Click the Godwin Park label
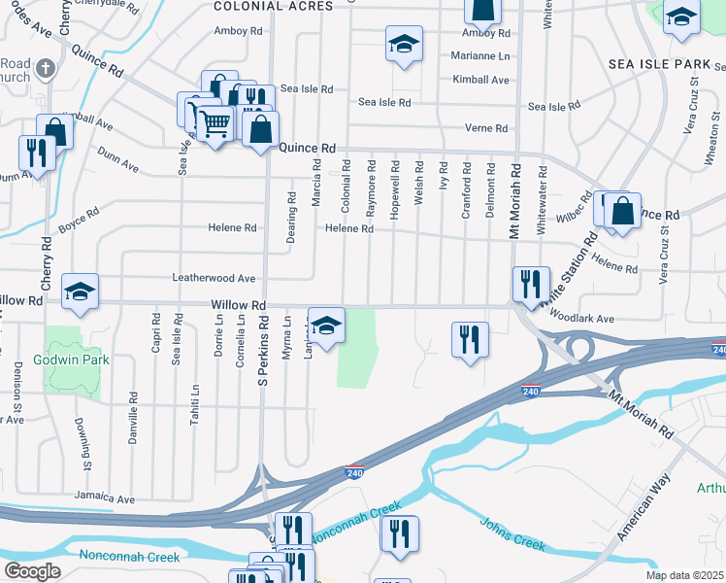point(82,360)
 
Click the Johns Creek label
point(513,532)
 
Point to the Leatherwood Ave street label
point(214,278)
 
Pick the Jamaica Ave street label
point(105,499)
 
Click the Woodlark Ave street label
point(580,318)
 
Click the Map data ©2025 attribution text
point(684,575)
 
